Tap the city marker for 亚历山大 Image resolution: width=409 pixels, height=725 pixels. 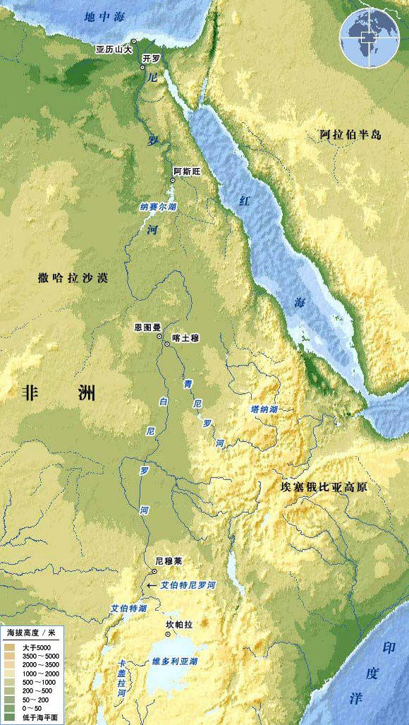point(134,41)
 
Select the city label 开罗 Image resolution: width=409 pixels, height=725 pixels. point(152,58)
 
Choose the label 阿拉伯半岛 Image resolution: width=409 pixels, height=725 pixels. point(350,134)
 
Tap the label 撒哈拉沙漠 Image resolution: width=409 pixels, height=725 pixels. point(73,278)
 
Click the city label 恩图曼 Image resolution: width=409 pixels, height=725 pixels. point(148,328)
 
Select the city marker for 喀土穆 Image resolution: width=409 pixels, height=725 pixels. point(167,344)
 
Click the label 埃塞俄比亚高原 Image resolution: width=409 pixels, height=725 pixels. point(329,488)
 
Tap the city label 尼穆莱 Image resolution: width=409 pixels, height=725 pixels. point(169,561)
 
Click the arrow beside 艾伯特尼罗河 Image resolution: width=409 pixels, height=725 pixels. point(152,585)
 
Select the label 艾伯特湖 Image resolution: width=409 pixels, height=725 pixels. point(128,607)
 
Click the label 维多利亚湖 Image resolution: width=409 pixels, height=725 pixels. point(175,661)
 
